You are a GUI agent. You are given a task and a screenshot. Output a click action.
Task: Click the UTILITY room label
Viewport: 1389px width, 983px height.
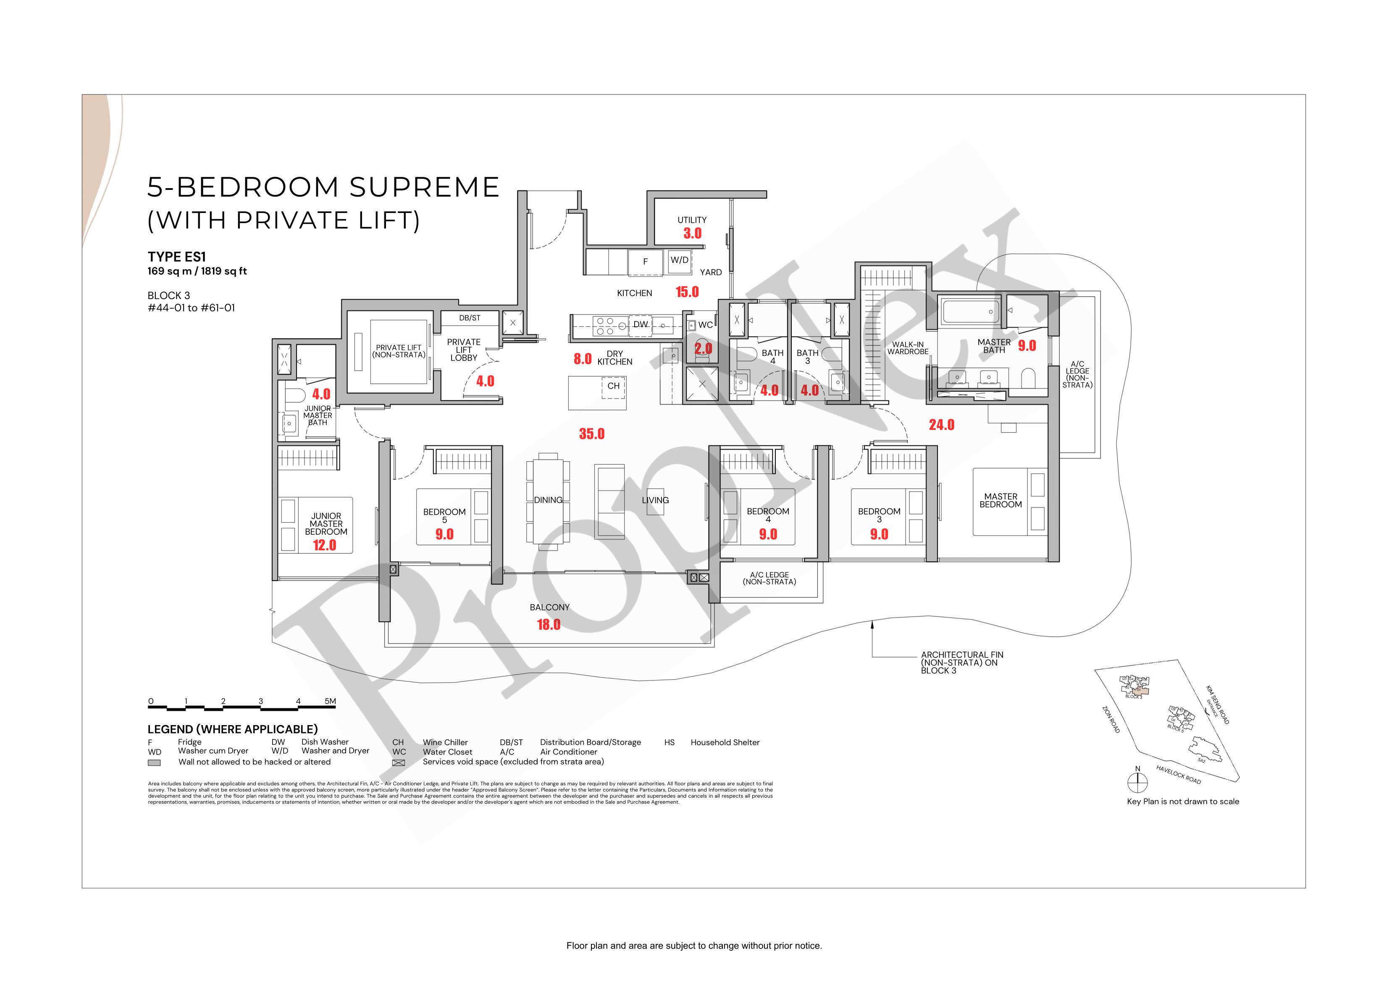click(692, 220)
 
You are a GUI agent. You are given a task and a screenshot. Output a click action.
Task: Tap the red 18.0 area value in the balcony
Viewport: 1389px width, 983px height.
click(549, 625)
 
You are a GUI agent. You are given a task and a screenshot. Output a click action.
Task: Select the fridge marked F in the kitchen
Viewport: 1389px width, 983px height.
click(645, 261)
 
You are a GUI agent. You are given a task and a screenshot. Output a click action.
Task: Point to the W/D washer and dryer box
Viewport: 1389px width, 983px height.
click(679, 260)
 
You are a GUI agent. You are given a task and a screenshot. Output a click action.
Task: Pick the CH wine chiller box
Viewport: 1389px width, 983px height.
click(613, 386)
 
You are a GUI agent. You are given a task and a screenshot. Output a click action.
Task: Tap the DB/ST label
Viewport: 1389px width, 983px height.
click(470, 318)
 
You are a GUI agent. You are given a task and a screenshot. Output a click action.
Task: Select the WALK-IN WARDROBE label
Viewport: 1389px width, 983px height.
click(907, 348)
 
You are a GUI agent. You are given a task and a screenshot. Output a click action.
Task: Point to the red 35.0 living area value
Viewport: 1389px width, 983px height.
click(591, 434)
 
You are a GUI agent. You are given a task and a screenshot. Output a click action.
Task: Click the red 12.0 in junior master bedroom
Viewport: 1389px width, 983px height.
click(324, 545)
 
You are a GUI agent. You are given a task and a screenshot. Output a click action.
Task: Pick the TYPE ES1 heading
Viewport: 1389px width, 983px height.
click(177, 257)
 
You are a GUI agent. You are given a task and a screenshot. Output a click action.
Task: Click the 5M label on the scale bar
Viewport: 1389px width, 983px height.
click(330, 702)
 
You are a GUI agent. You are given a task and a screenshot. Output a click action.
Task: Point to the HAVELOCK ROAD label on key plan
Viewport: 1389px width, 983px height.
click(1179, 775)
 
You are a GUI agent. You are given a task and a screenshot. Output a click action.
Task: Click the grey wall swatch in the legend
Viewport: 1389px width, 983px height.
click(154, 763)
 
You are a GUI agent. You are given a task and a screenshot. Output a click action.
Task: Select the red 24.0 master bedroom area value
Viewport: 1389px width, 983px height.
click(941, 425)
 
